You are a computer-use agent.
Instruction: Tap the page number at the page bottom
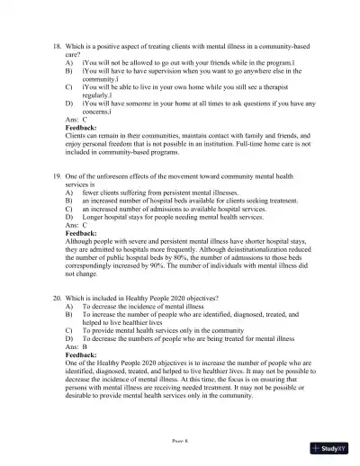point(180,442)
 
